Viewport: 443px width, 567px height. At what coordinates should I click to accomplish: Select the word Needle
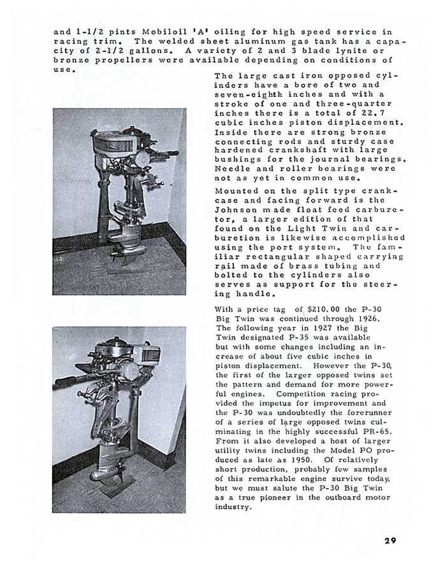(x=232, y=169)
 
